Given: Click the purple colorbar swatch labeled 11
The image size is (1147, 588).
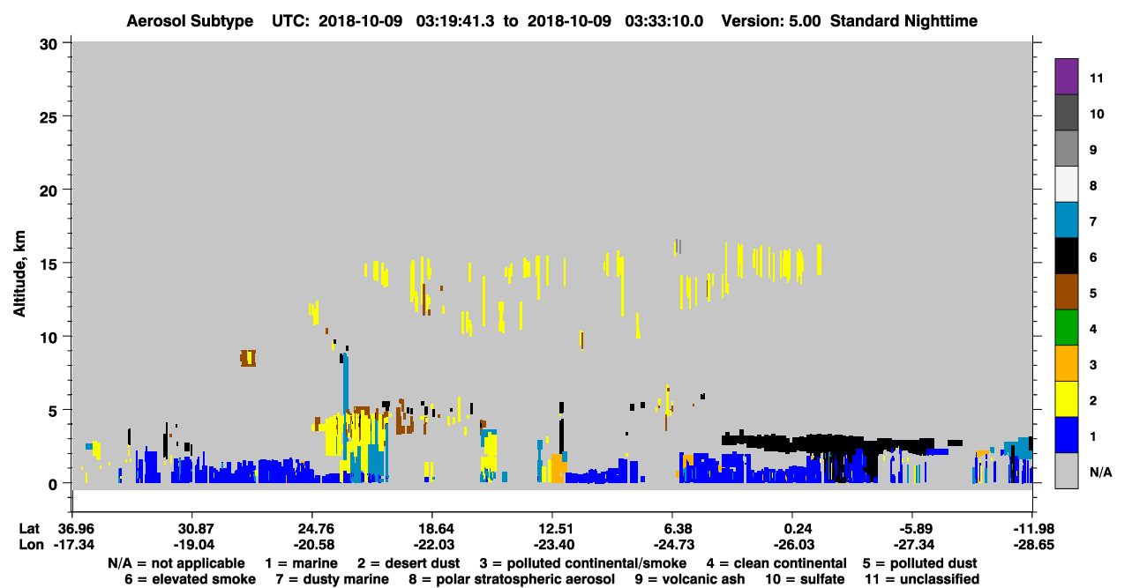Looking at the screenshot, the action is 1066,76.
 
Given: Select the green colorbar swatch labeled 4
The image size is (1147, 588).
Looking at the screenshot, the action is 1066,328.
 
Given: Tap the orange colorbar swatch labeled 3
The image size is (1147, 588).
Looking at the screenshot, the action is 1066,363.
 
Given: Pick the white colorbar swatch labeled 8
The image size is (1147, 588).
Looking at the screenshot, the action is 1066,184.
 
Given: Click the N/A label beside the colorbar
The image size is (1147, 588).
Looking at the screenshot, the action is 1100,472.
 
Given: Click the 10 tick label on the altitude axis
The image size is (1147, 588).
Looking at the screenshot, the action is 48,338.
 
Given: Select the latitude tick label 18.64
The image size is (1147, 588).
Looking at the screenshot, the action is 432,528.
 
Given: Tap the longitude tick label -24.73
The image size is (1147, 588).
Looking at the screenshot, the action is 673,545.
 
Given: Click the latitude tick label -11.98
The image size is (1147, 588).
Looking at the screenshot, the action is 1033,528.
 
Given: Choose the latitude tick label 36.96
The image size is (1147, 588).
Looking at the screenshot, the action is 74,528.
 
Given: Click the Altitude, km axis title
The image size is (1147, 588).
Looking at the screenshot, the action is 19,274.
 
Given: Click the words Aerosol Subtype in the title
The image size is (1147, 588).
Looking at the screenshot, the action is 190,21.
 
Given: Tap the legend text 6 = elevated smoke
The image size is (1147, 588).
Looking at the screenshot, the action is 190,579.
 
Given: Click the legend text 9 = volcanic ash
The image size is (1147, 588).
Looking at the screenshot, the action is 690,579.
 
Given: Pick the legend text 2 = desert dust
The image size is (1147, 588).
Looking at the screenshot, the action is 409,563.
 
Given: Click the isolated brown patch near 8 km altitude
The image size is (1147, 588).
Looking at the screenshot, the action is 248,358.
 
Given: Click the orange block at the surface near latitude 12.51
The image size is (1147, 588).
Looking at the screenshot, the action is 559,468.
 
